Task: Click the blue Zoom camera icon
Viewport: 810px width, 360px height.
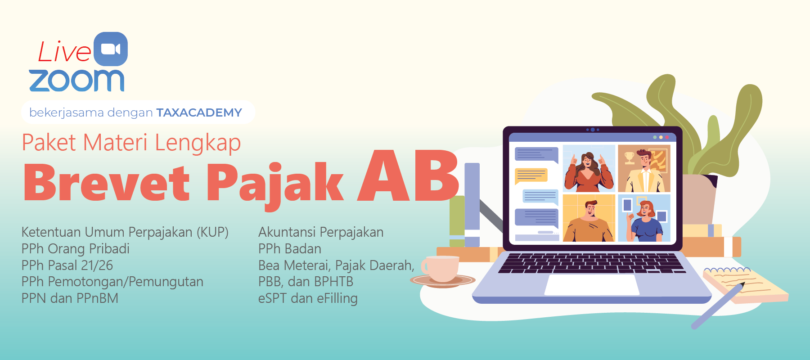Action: pos(111,49)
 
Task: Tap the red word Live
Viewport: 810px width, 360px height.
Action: pos(64,51)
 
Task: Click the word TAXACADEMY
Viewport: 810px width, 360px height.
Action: pos(199,112)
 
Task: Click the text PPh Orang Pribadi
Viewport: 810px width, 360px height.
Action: pos(76,248)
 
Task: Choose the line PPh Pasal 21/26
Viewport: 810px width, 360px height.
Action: pos(67,265)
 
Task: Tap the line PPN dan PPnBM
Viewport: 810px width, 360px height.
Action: pos(70,298)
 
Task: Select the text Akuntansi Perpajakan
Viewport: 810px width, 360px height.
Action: pos(321,232)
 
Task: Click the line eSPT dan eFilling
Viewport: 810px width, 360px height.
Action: pos(308,298)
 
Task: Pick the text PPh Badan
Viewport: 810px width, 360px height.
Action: pos(290,248)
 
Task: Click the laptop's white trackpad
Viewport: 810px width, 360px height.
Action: pos(592,284)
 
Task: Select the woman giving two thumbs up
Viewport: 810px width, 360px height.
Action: pos(589,169)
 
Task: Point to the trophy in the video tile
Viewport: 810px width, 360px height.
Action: pos(629,158)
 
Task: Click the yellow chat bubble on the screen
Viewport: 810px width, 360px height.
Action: pos(531,175)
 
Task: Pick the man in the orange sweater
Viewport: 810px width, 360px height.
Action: pos(589,221)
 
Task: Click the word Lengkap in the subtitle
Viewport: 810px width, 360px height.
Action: pos(198,143)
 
